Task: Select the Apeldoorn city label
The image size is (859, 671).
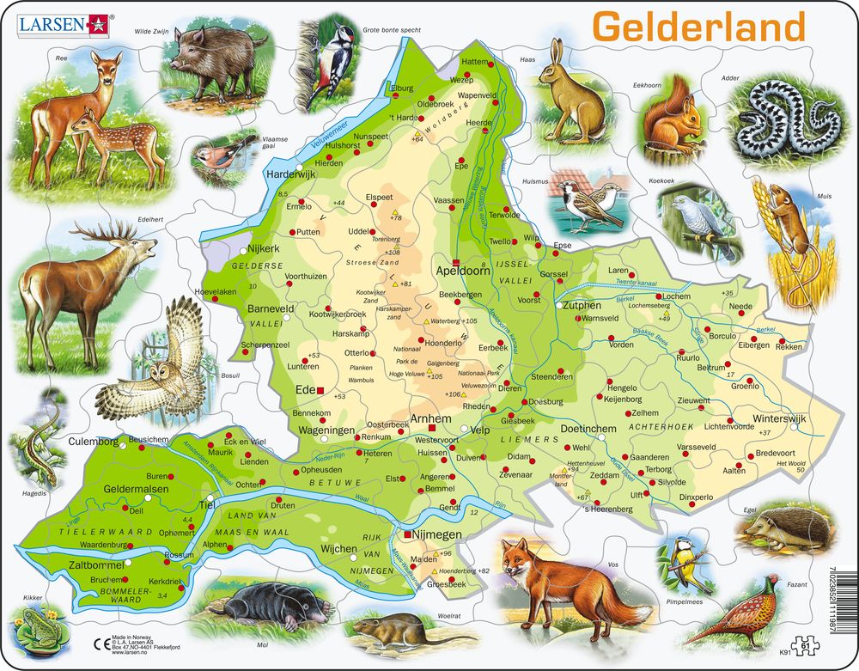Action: coord(487,268)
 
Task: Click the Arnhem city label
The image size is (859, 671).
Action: coord(431,418)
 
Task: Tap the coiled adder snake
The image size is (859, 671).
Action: coord(783,117)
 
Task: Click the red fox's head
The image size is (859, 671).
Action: coord(518,563)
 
